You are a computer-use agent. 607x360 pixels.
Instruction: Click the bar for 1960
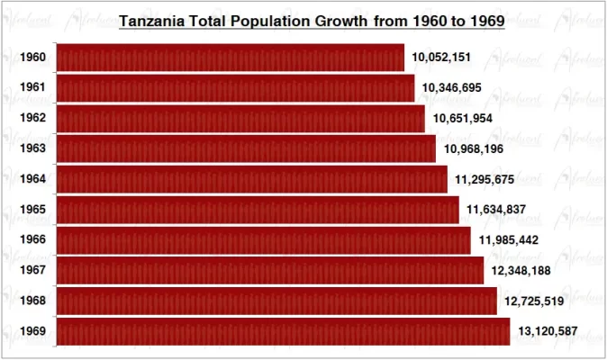[x=231, y=58]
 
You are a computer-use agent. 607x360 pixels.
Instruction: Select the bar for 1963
[x=246, y=148]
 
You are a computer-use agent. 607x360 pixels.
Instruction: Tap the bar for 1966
[x=263, y=240]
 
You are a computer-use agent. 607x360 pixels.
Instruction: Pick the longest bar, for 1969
[x=283, y=331]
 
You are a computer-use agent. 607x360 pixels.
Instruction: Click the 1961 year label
[x=33, y=88]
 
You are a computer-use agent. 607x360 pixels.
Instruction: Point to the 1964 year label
[x=33, y=179]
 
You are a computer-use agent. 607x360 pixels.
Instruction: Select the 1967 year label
[x=33, y=271]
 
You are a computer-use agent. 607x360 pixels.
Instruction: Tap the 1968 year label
[x=33, y=301]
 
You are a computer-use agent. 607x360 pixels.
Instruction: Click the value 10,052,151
[x=442, y=58]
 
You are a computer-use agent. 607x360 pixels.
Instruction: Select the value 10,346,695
[x=452, y=88]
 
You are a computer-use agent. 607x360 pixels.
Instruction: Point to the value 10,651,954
[x=463, y=118]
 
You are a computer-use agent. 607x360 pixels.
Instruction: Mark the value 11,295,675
[x=485, y=179]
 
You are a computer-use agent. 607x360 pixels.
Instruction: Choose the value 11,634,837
[x=496, y=210]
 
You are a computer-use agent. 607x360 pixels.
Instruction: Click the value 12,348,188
[x=521, y=270]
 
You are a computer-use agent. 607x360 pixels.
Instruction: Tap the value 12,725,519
[x=533, y=301]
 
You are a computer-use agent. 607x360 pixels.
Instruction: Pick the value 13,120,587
[x=548, y=331]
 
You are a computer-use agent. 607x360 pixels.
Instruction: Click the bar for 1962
[x=240, y=118]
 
